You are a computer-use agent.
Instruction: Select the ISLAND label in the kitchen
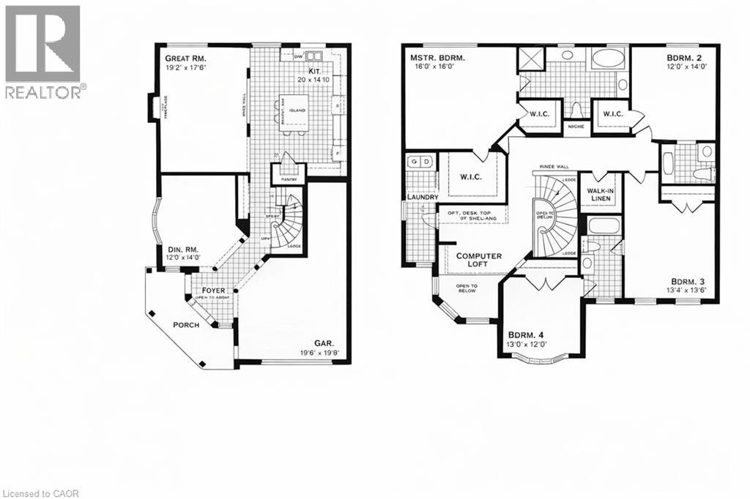pos(297,110)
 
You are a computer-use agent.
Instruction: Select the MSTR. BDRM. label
pos(439,56)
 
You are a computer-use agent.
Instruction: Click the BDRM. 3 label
pos(690,281)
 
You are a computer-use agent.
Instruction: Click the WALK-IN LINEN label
pos(600,195)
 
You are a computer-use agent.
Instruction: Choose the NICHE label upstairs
pos(576,126)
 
